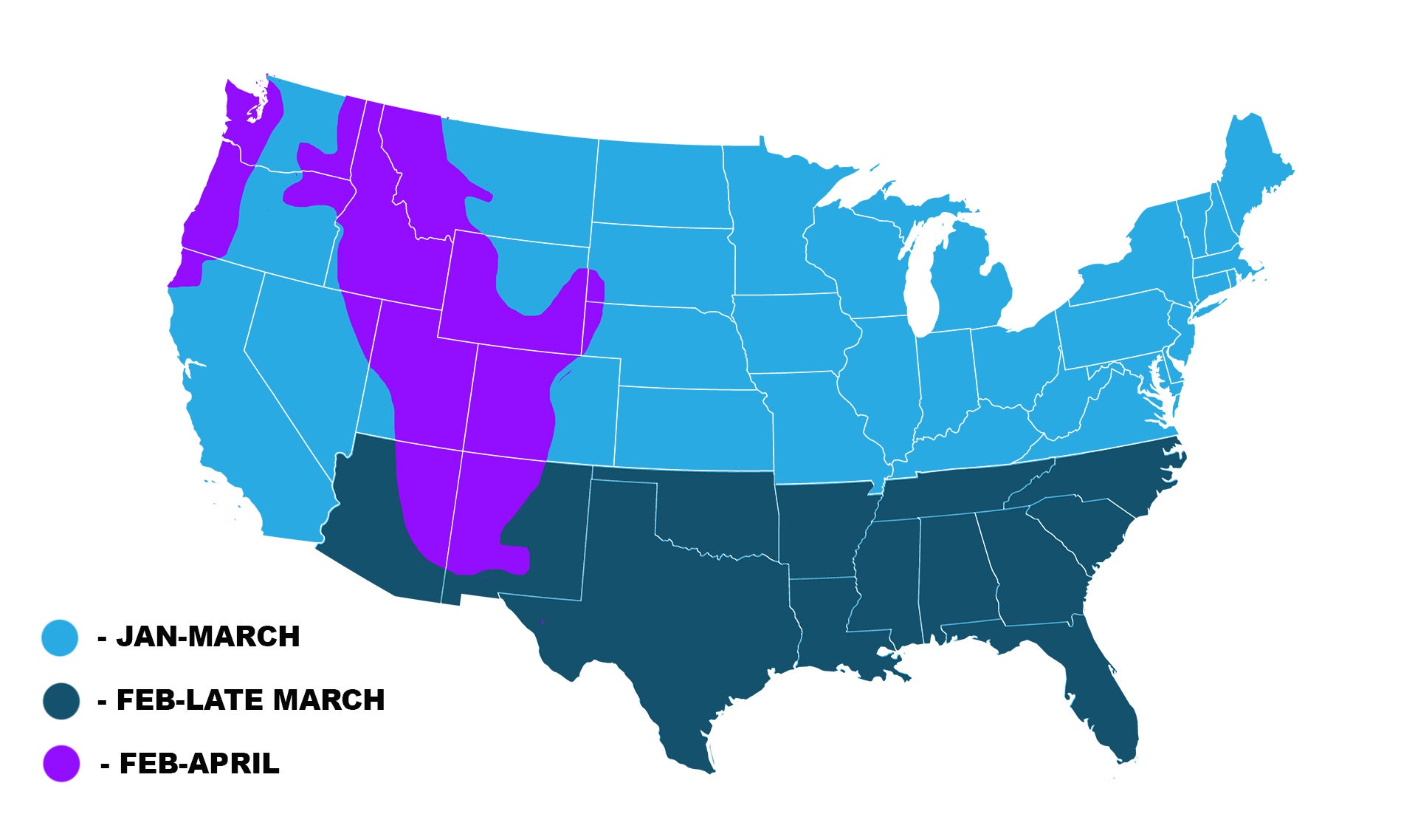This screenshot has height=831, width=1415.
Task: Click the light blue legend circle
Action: click(60, 637)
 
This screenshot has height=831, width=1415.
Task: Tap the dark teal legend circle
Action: click(61, 701)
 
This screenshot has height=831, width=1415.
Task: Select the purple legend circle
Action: click(61, 764)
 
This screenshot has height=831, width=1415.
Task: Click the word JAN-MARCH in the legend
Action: click(208, 637)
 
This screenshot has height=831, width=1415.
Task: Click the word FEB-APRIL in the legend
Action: click(199, 764)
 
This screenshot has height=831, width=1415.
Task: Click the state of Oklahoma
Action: click(716, 517)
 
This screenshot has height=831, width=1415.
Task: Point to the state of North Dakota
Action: click(661, 185)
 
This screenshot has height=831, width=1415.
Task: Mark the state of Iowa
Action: click(793, 332)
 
